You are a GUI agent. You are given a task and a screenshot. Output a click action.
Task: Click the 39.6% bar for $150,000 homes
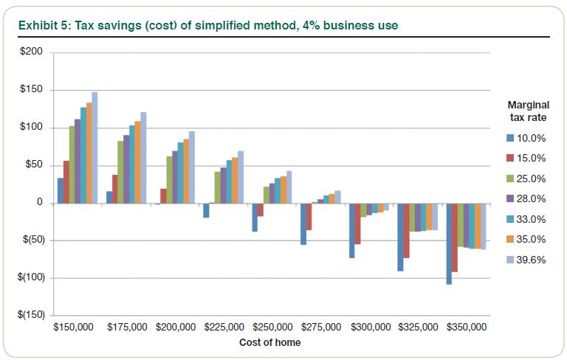click(x=94, y=148)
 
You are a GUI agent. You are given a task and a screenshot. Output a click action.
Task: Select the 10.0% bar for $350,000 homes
click(x=449, y=243)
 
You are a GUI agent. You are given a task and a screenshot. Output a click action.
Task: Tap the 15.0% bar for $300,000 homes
click(x=358, y=224)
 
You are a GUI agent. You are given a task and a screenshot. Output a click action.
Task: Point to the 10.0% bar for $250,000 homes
click(x=255, y=218)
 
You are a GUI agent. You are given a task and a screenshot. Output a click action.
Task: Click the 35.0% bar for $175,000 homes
click(x=137, y=162)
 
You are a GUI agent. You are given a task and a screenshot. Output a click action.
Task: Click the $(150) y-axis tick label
click(x=31, y=315)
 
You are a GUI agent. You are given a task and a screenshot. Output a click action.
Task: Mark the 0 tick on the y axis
click(x=41, y=203)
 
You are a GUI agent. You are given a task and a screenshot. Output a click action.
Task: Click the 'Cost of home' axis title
click(x=270, y=342)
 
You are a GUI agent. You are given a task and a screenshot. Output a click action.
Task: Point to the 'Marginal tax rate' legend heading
click(x=528, y=111)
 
